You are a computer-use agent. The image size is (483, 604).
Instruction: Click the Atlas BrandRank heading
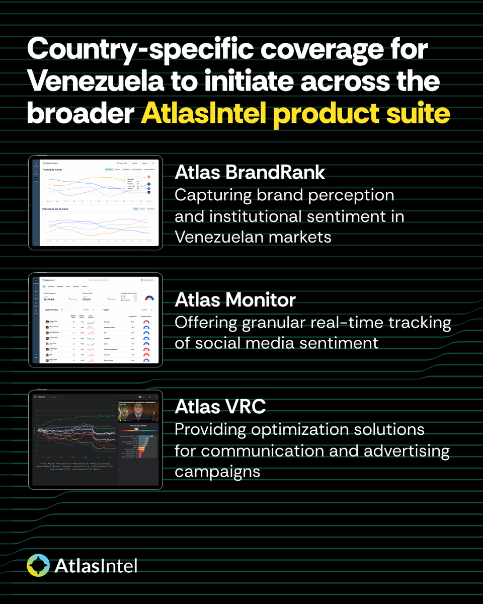pyautogui.click(x=250, y=173)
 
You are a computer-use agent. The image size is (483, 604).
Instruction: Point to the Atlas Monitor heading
pyautogui.click(x=235, y=300)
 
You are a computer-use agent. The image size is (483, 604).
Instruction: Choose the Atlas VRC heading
pyautogui.click(x=220, y=407)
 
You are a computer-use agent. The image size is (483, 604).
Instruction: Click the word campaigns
pyautogui.click(x=217, y=471)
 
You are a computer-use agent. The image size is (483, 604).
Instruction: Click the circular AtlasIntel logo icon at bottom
pyautogui.click(x=38, y=565)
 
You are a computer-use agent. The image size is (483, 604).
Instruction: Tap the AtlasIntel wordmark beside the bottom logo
pyautogui.click(x=96, y=565)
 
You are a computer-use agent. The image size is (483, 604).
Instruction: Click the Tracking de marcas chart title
pyautogui.click(x=52, y=170)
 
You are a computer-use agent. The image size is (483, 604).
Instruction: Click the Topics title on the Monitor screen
pyautogui.click(x=106, y=310)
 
